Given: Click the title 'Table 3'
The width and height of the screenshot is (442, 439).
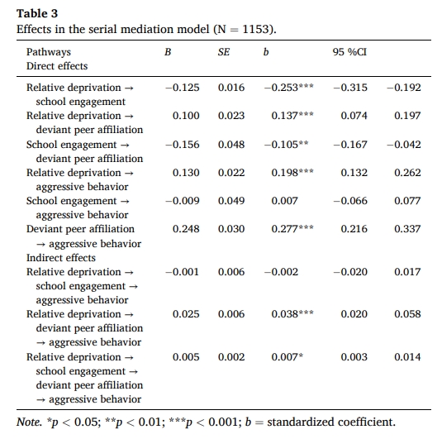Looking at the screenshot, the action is click(37, 13).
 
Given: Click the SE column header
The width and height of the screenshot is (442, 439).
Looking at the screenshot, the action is click(224, 52).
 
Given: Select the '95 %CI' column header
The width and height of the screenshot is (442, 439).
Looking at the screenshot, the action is click(349, 52).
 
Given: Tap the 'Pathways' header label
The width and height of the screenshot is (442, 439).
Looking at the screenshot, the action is click(49, 52).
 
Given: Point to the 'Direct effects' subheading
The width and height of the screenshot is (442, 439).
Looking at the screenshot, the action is click(57, 66).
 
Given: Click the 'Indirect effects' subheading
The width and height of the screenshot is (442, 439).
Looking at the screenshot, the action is click(61, 258).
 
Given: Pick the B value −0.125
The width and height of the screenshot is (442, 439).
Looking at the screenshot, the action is click(183, 88).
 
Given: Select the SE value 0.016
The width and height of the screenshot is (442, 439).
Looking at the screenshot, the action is click(231, 88).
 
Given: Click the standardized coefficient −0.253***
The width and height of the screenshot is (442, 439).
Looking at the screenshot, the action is click(288, 88).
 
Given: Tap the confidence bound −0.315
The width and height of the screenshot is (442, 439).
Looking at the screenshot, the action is click(350, 88).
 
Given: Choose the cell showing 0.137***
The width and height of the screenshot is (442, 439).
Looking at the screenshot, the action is click(292, 116).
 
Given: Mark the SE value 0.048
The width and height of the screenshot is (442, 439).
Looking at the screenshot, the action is click(231, 145).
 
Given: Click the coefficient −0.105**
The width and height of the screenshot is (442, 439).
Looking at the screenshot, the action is click(286, 145).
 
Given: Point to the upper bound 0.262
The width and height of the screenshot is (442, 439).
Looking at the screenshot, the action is click(407, 173).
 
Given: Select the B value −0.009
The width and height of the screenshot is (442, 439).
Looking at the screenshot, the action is click(183, 201).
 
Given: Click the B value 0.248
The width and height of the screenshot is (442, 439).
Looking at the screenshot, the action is click(186, 229).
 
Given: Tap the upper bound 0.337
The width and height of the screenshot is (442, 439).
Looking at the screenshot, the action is click(407, 229).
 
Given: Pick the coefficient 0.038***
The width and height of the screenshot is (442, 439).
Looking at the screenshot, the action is click(292, 314).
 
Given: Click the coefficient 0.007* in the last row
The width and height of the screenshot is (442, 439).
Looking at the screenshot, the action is click(288, 357).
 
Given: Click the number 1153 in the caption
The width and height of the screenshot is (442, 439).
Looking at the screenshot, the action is click(254, 29).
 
